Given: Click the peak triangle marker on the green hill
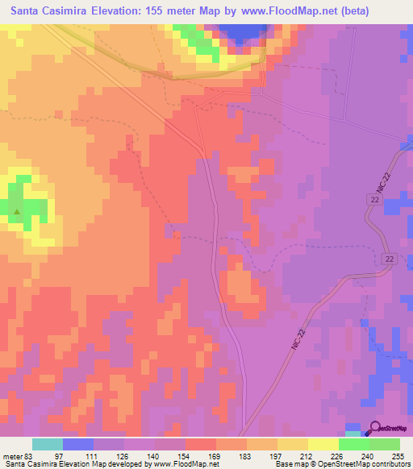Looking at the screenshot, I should (x=17, y=213).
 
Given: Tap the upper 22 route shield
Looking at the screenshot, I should (x=374, y=197).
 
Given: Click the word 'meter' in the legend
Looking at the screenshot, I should (x=12, y=456).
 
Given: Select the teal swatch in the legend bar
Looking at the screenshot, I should (x=48, y=444).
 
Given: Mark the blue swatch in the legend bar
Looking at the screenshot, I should (x=78, y=444).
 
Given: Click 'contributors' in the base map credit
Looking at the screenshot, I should (x=390, y=465).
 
